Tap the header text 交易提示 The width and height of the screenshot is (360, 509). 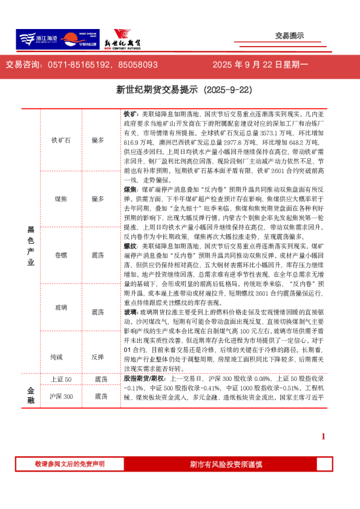(x=289, y=36)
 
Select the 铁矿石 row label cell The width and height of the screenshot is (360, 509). (x=61, y=140)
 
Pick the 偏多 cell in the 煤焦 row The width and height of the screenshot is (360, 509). (x=98, y=198)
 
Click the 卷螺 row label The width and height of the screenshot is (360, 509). (x=61, y=255)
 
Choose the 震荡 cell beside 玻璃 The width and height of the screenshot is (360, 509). (x=98, y=312)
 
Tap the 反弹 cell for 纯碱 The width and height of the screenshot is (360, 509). (x=98, y=357)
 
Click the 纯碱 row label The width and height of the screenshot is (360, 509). (x=61, y=357)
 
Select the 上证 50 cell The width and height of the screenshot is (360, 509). (x=61, y=379)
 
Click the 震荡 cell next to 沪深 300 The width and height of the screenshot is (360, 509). (x=101, y=397)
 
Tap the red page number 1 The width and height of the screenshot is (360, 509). (x=323, y=436)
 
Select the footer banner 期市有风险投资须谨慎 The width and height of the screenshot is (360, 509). (x=226, y=464)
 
